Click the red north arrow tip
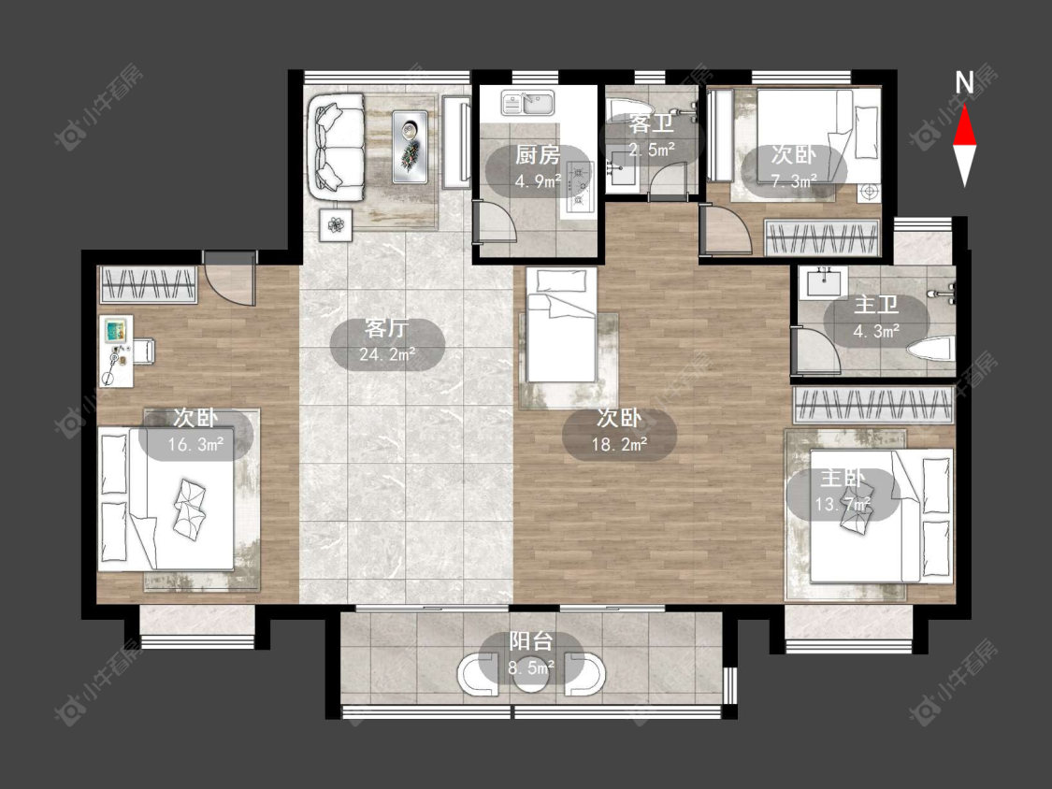coord(965,106)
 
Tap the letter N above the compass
coord(964,82)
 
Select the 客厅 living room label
coord(386,328)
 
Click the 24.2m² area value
coord(386,353)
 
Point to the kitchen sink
coord(527,103)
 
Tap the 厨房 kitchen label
coord(538,155)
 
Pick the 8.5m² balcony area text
coord(531,667)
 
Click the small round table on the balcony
coord(531,675)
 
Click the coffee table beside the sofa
coord(410,146)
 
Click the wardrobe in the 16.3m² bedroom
coord(149,284)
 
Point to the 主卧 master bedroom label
coord(842,479)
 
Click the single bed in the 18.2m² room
coord(562,324)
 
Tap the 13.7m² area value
coord(842,504)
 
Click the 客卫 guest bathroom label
coord(651,123)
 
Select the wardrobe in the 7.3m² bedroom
coord(822,238)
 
